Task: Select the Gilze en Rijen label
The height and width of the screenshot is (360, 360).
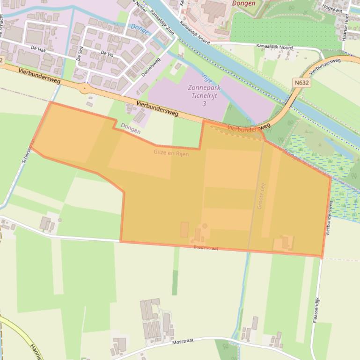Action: (171, 152)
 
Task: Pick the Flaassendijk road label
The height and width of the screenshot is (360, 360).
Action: (316, 309)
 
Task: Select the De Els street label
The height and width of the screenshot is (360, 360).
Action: (107, 53)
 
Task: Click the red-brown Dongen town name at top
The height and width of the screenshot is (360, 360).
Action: (244, 3)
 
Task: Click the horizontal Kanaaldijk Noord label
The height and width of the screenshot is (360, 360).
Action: (274, 47)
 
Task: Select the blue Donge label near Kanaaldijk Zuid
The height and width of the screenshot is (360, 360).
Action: (140, 29)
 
